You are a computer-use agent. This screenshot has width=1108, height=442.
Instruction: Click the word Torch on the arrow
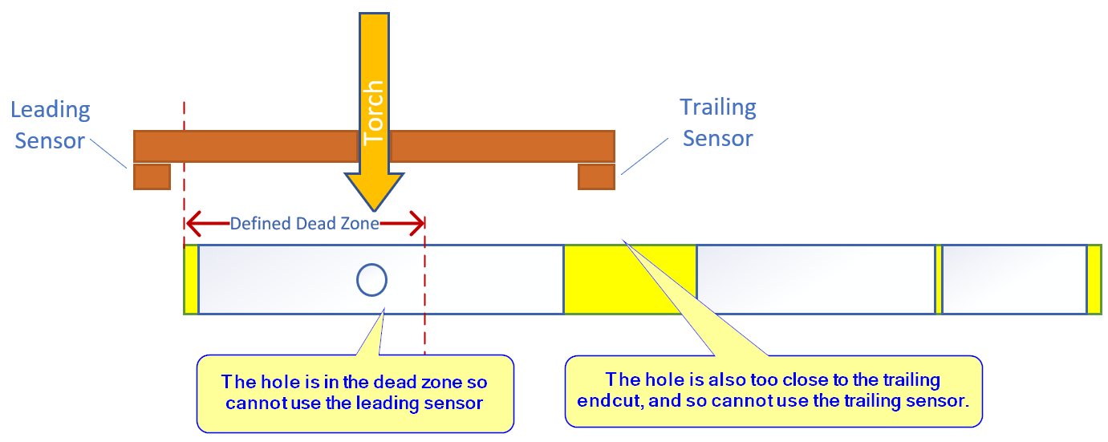click(374, 113)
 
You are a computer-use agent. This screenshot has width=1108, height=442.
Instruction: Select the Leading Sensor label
click(50, 124)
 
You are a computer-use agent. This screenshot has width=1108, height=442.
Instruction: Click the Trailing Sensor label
click(717, 122)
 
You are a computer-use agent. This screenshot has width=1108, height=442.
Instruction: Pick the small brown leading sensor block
click(152, 176)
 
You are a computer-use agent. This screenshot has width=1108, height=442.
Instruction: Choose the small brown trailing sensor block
click(596, 176)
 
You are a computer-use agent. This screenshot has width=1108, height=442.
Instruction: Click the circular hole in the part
click(371, 279)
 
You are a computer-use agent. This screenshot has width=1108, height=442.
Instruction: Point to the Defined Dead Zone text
click(304, 224)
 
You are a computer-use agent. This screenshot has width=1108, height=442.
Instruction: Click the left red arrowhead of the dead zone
click(193, 224)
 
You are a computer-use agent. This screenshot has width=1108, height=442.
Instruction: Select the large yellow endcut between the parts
click(630, 279)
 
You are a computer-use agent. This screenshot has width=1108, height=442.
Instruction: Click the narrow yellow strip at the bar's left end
click(191, 279)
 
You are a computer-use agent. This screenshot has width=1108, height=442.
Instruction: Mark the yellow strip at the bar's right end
click(1094, 279)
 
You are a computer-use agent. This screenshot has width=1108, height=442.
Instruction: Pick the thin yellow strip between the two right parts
click(938, 279)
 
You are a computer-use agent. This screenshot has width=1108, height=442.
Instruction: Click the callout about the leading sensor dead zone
click(354, 392)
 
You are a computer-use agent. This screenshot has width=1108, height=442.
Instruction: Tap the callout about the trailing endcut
click(773, 390)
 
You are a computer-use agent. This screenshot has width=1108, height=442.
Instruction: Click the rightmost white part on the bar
click(1014, 279)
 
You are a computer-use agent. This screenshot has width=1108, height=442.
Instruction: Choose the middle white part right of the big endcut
click(815, 279)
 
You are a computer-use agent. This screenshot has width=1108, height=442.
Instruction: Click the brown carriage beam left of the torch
click(245, 146)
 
